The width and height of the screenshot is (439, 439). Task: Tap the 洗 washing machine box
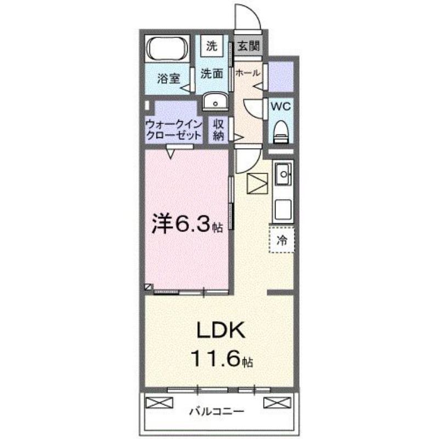click(211, 47)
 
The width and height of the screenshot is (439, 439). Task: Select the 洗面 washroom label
click(211, 74)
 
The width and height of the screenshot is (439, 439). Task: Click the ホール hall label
click(247, 72)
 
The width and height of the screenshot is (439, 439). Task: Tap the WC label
click(281, 106)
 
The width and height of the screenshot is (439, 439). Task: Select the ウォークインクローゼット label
click(171, 130)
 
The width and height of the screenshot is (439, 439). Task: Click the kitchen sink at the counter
click(284, 176)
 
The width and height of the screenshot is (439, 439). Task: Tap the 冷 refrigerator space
click(282, 239)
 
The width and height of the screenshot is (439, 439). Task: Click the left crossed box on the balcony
click(158, 403)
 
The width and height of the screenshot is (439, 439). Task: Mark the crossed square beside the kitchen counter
click(256, 183)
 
